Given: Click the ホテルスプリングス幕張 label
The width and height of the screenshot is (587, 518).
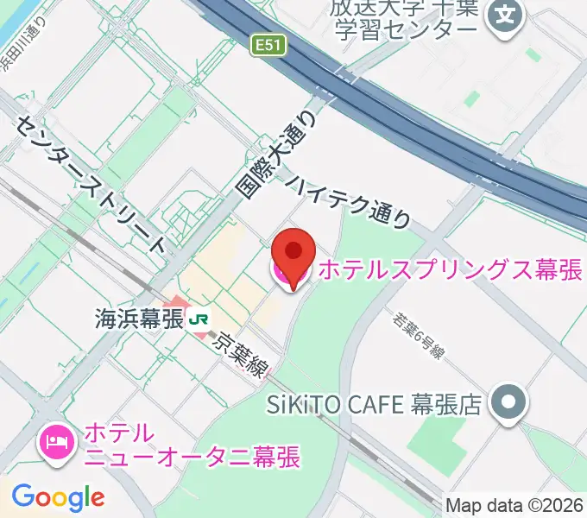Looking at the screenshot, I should tap(450, 270).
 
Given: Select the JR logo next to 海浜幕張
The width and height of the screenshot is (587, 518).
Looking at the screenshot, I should tap(199, 319).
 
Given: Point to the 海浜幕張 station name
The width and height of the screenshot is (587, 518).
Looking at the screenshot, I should tap(138, 319).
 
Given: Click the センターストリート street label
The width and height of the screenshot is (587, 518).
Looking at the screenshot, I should tap(90, 180).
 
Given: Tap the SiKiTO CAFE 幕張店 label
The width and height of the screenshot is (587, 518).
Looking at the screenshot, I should tap(373, 403).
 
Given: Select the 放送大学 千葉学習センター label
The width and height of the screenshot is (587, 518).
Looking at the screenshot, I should tap(402, 18).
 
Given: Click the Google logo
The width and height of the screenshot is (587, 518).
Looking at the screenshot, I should tap(58, 497).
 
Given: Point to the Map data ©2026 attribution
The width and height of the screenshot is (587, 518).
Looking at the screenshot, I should tap(515, 506).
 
